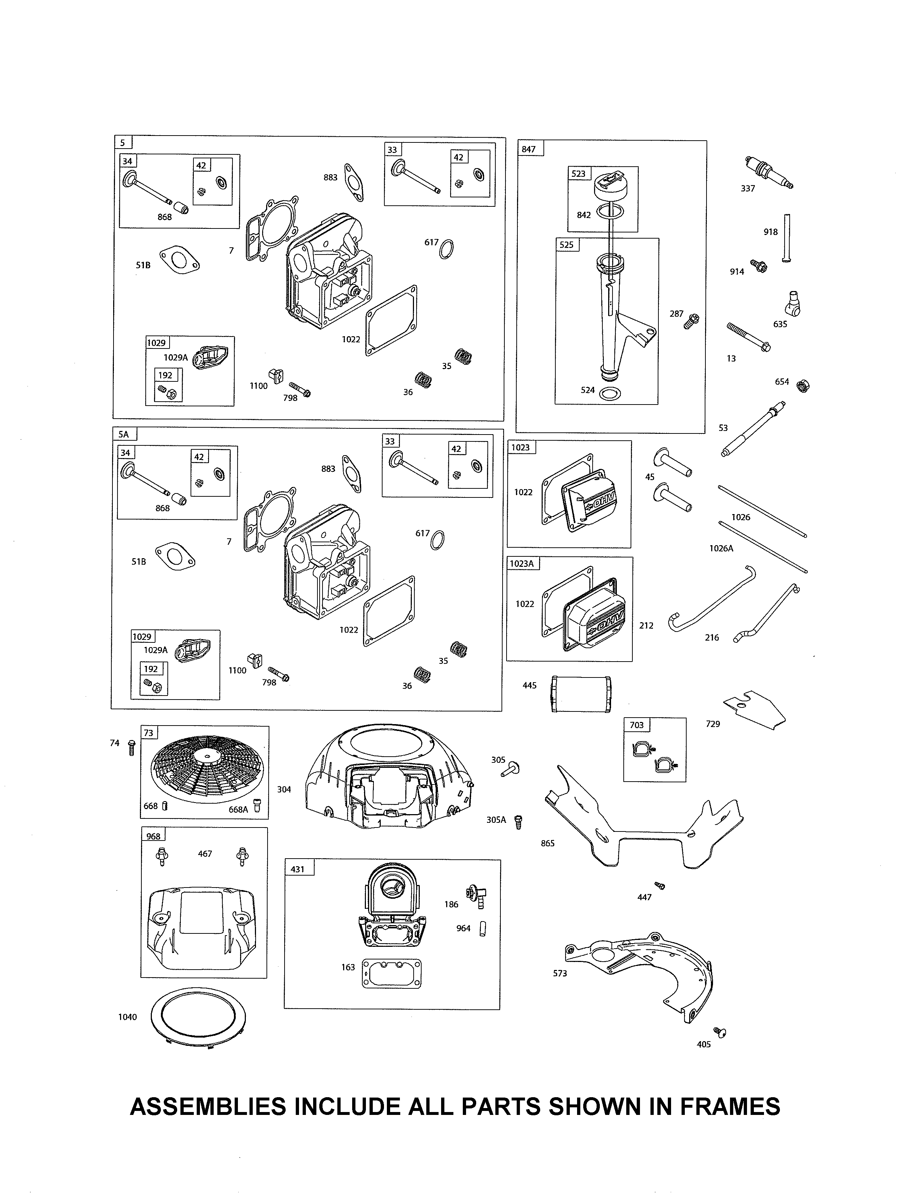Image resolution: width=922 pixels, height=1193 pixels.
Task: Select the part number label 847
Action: click(x=529, y=149)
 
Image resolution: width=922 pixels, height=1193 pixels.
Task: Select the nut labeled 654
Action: click(x=803, y=386)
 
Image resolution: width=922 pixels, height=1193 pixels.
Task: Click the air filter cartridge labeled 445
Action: click(x=580, y=694)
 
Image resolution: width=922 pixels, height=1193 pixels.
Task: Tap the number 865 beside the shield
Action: click(x=547, y=843)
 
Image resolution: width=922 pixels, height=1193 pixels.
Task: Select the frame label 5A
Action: click(x=124, y=434)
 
